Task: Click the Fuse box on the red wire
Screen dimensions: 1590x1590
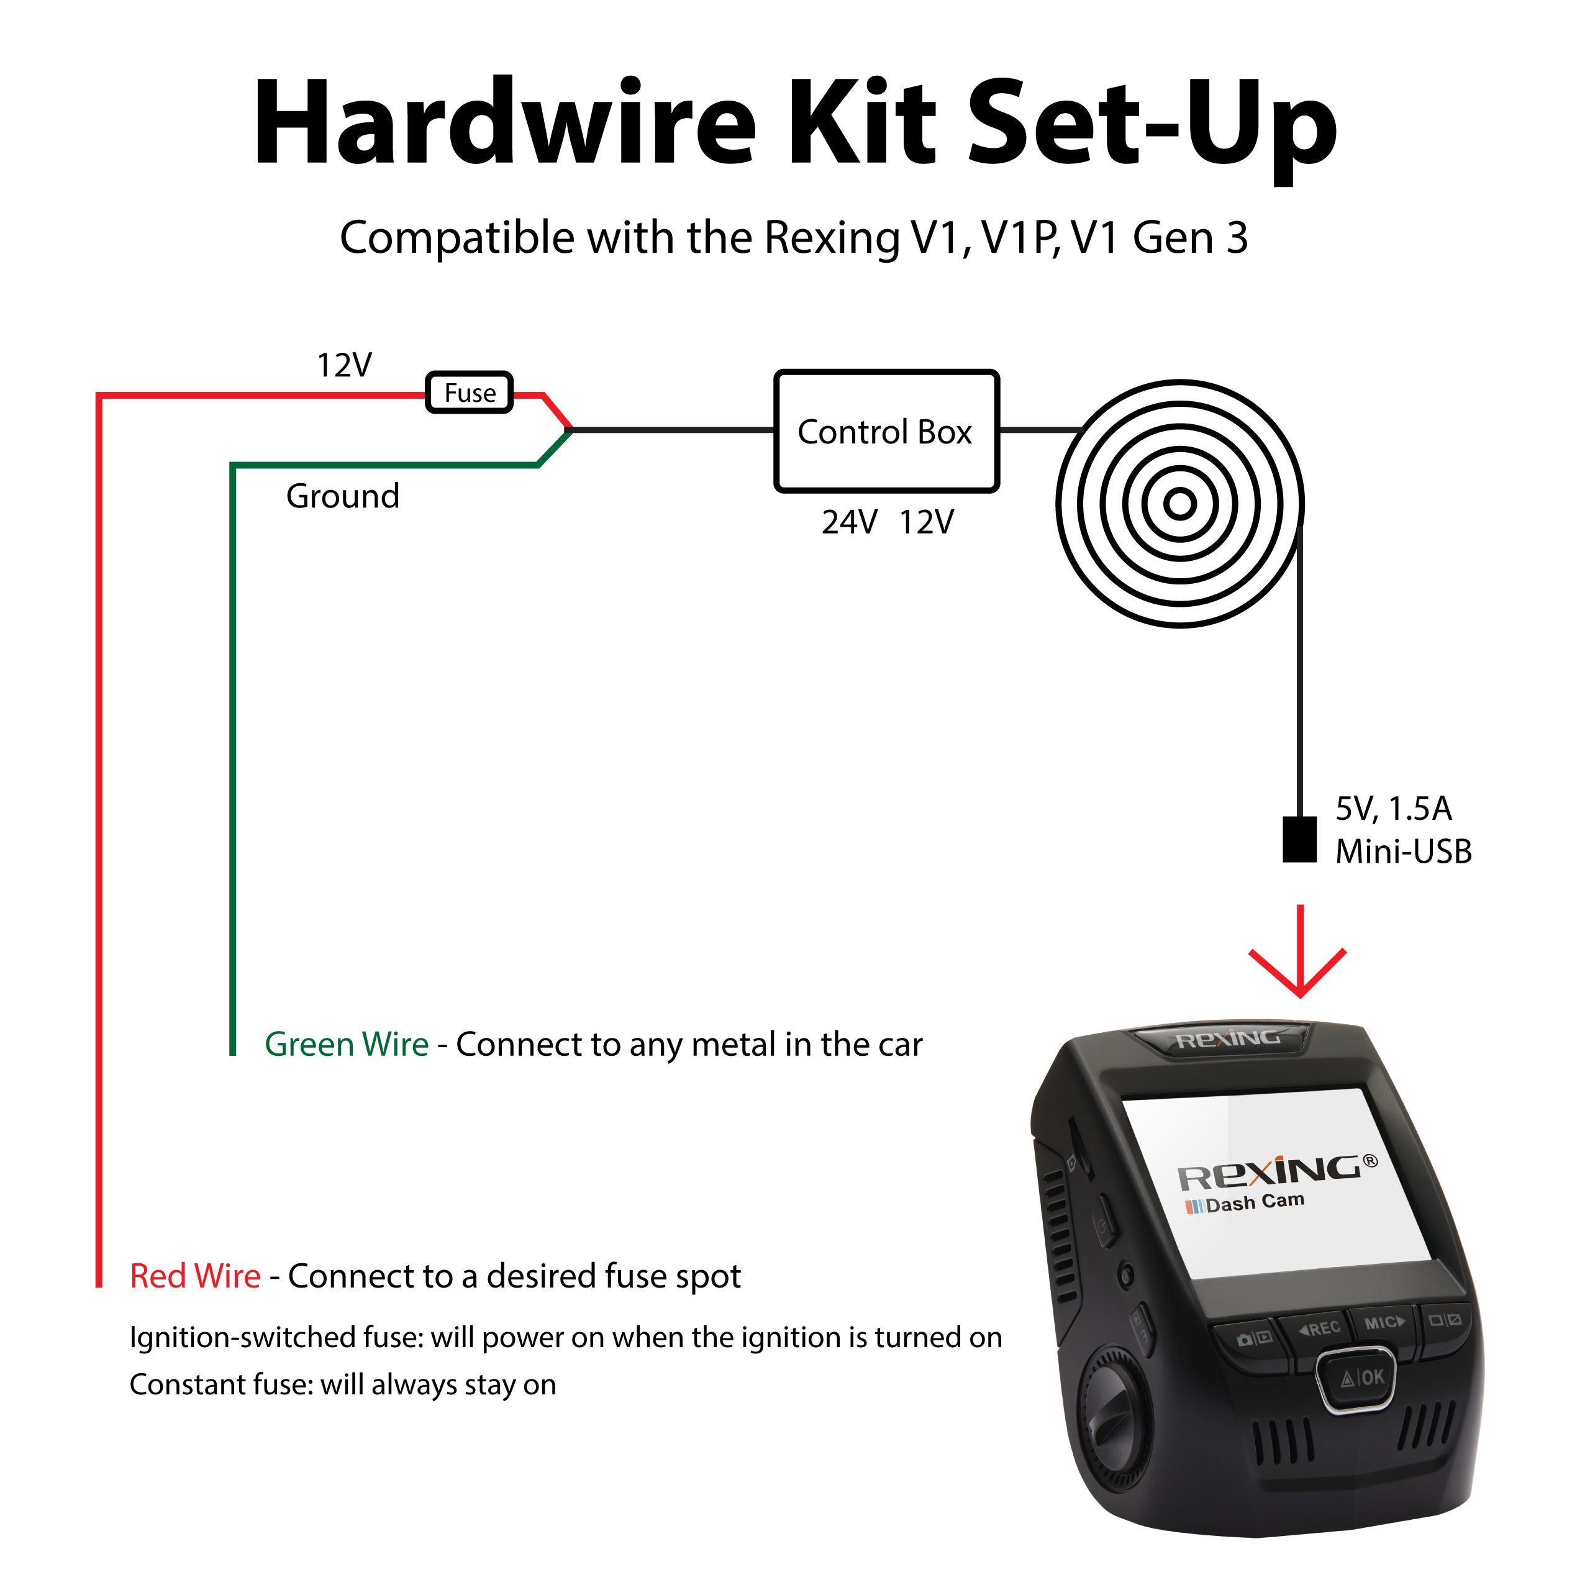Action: coord(469,393)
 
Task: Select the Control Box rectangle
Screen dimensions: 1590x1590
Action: coord(886,431)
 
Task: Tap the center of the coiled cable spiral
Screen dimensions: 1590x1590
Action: coord(1180,504)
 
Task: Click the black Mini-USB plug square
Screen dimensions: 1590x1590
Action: coord(1299,840)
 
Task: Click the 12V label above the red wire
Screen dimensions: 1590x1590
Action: coord(344,365)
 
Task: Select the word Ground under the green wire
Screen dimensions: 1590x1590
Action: coord(342,496)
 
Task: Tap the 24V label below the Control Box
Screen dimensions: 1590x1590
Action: coord(849,522)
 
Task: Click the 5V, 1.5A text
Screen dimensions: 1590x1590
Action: coord(1393,809)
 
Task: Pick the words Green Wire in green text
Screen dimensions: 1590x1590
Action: coord(347,1044)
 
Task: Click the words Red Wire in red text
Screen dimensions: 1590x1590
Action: coord(195,1276)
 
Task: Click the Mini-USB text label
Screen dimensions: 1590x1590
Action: coord(1403,852)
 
